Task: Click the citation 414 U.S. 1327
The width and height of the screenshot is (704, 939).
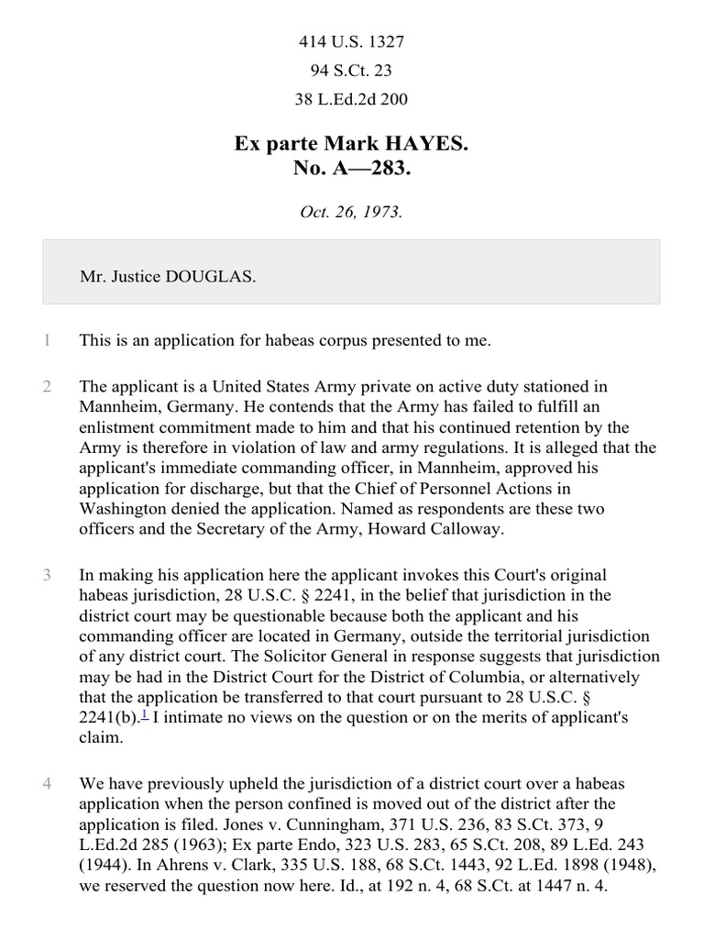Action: coord(351,41)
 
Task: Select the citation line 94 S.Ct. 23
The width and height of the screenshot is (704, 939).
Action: coord(351,71)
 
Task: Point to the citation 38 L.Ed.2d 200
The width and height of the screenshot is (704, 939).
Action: coord(351,100)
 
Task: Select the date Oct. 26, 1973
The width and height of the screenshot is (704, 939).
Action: coord(351,212)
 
